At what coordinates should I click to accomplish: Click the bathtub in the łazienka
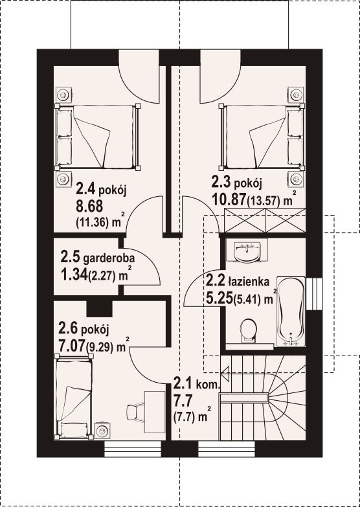pos(291,311)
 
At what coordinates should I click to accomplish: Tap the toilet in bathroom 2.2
pos(249,331)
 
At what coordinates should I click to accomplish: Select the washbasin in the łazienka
pos(247,251)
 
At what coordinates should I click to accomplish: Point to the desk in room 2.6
pos(155,411)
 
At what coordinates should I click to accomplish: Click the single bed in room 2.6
pos(74,397)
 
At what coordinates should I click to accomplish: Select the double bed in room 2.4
pos(98,137)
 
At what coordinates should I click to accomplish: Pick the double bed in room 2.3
pos(262,137)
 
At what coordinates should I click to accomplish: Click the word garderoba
pos(109,259)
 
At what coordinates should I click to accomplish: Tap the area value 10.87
pos(228,199)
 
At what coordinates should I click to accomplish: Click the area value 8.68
pos(89,205)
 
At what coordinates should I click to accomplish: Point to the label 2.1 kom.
pos(197,383)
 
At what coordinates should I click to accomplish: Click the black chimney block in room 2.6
pos(100,309)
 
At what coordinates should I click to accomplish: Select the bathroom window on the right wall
pos(314,293)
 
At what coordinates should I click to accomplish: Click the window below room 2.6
pos(133,449)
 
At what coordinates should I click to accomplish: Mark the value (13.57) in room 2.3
pos(263,201)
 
